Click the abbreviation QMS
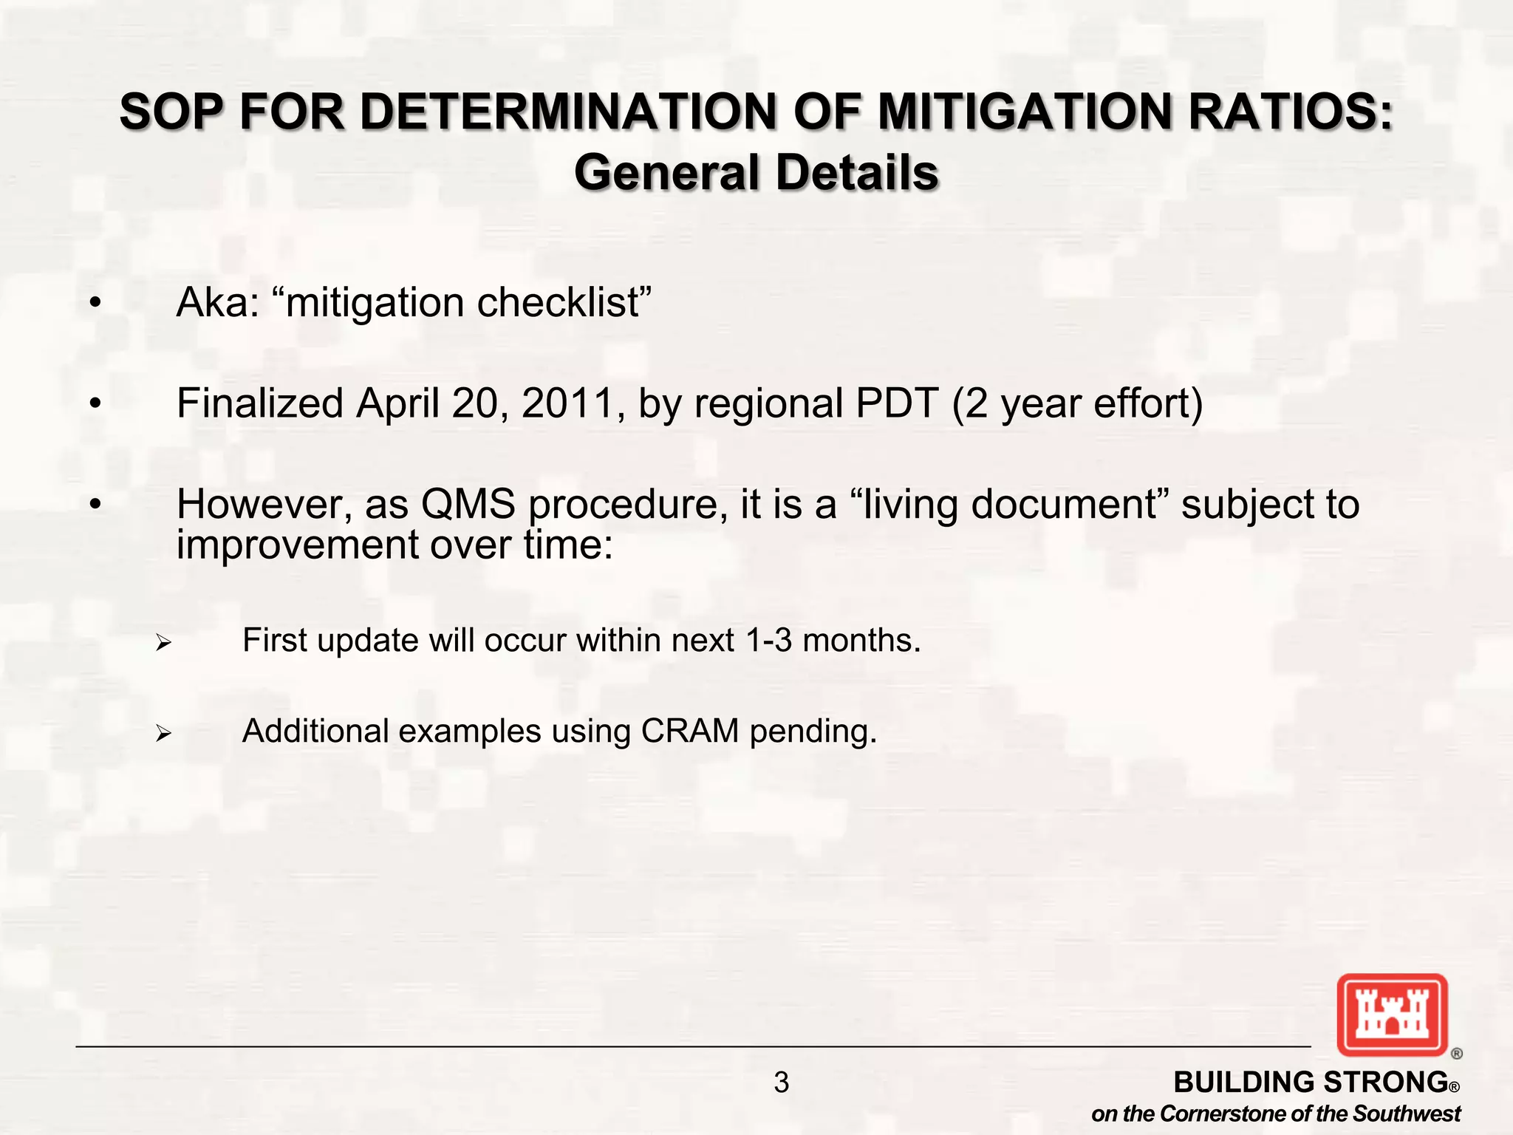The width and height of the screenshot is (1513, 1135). tap(468, 504)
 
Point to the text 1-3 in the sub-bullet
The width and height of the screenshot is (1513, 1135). tap(768, 640)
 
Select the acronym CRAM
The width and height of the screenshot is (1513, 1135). tap(689, 731)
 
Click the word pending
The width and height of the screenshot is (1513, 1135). tap(813, 732)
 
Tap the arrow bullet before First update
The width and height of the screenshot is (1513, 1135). tap(163, 643)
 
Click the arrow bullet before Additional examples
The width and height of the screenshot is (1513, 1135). tap(163, 734)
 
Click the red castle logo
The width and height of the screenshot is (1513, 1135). tap(1392, 1015)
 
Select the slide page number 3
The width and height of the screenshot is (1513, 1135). tap(781, 1083)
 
